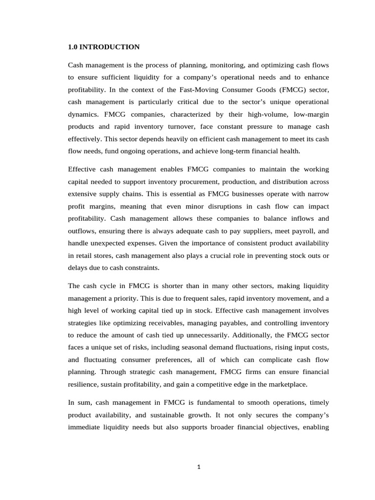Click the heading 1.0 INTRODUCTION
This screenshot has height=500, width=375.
tap(104, 47)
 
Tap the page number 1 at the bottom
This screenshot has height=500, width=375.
tap(198, 466)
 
